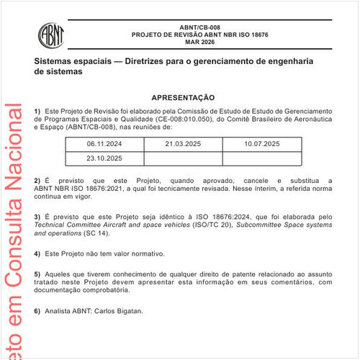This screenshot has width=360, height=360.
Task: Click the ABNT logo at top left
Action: [x=50, y=34]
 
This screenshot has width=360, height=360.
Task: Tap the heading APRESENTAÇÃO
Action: [x=183, y=96]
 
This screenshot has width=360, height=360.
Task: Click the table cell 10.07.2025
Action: [x=261, y=144]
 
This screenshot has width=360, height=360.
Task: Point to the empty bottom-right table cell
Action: [x=261, y=158]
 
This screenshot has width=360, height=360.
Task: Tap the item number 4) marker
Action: [x=37, y=254]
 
